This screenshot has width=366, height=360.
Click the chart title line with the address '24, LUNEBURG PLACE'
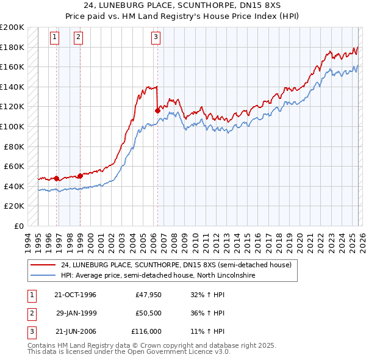(x=182, y=5)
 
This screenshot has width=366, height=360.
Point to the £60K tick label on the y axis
(x=14, y=166)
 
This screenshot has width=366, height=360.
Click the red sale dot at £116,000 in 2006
(x=157, y=110)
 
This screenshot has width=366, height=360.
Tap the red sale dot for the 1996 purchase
(x=57, y=178)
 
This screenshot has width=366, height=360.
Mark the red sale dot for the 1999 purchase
(x=80, y=176)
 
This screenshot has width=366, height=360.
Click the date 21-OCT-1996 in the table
(x=75, y=295)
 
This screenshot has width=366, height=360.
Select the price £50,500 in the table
(x=148, y=313)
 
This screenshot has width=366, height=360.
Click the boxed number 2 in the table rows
(x=31, y=313)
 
